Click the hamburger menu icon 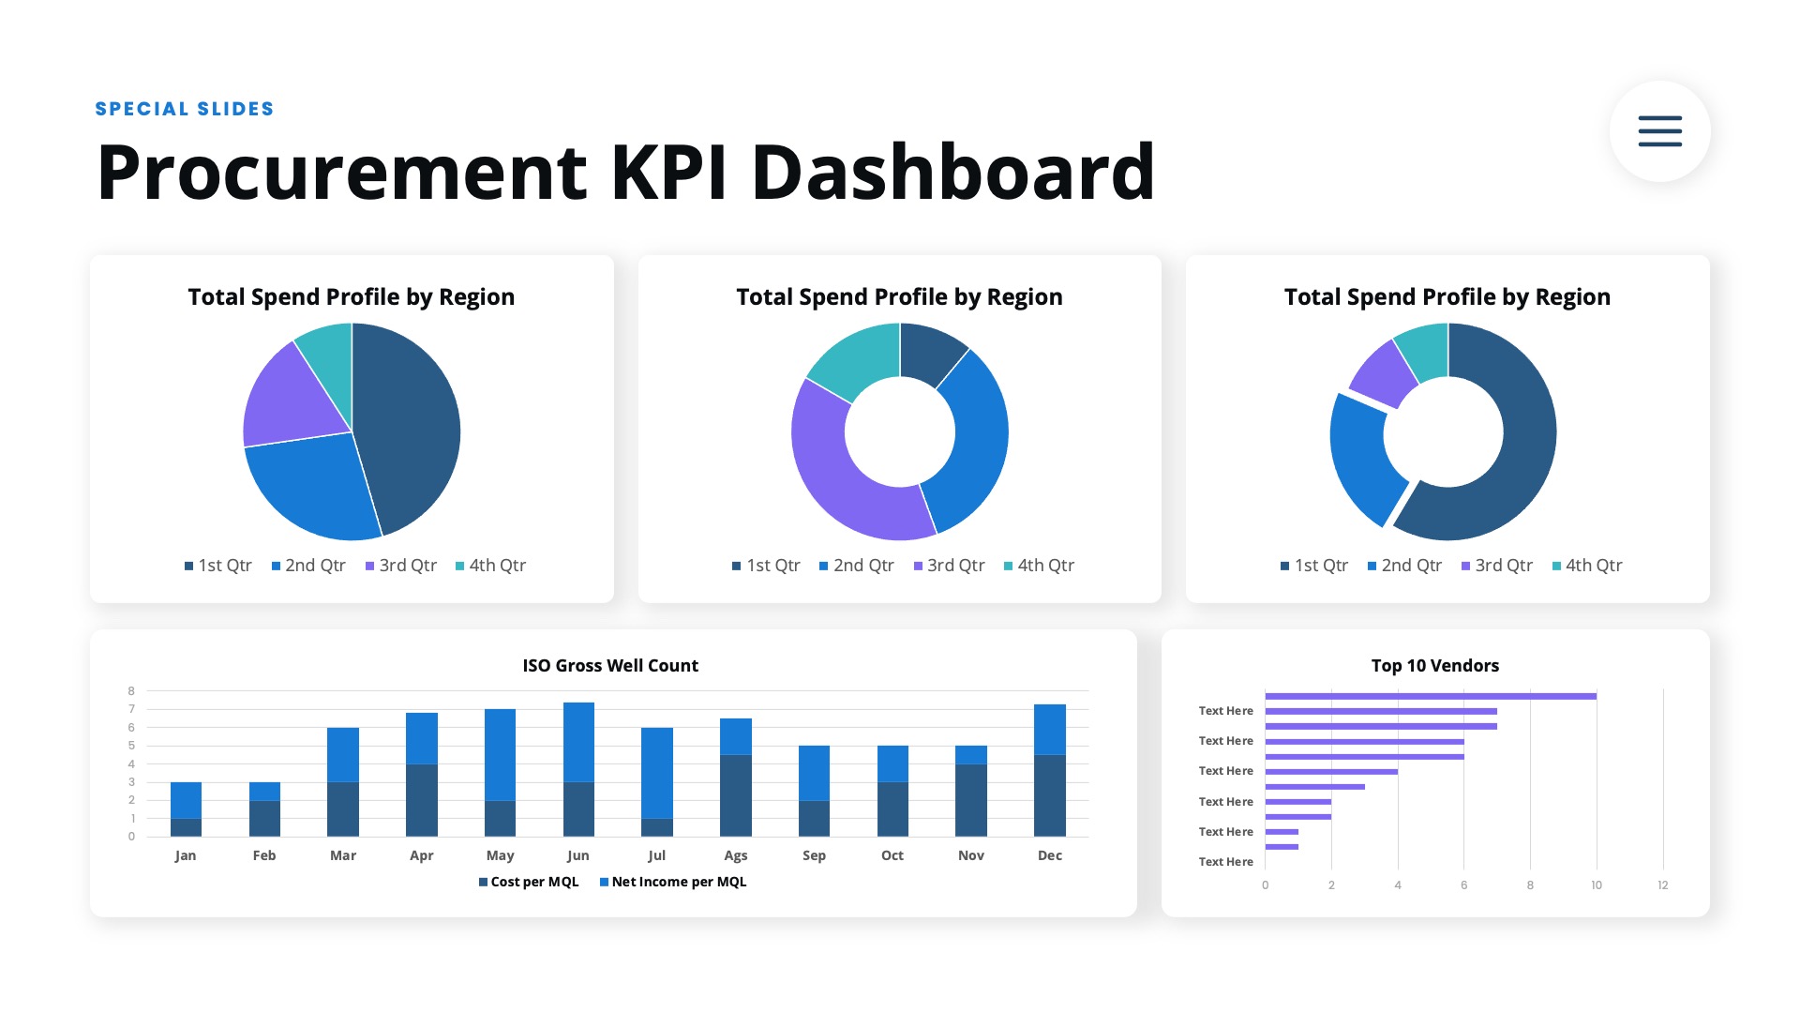coord(1659,131)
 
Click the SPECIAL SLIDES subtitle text coord(185,109)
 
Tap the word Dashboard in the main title coord(952,173)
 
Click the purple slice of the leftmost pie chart coord(286,399)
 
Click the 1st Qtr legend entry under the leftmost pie coord(217,566)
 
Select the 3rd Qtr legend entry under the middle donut coord(949,566)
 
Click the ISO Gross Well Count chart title coord(610,666)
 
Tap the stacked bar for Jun coord(578,769)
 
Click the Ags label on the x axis coord(736,855)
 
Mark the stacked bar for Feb coord(264,809)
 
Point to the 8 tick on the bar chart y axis coord(131,691)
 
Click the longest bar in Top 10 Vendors coord(1430,696)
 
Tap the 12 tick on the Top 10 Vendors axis coord(1662,885)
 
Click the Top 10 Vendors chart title coord(1434,666)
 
